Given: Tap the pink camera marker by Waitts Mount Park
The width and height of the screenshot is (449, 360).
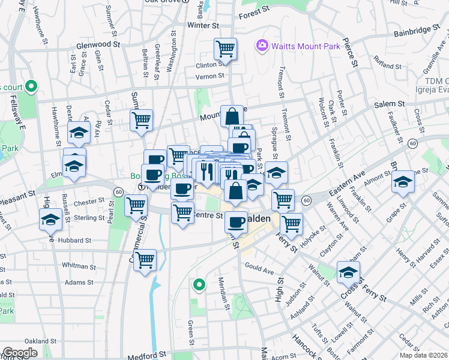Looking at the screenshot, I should pyautogui.click(x=261, y=45).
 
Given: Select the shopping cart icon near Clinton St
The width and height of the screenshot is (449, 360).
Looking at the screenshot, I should pyautogui.click(x=225, y=49).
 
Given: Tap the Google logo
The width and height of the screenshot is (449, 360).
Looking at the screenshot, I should pyautogui.click(x=20, y=353).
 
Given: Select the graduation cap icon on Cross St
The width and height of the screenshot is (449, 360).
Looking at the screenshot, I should pyautogui.click(x=348, y=272).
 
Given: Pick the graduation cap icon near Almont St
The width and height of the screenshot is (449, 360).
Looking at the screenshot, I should pyautogui.click(x=403, y=181).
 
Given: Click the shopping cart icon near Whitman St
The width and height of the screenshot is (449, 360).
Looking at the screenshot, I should pyautogui.click(x=145, y=260).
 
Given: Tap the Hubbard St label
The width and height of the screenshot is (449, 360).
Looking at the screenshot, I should pyautogui.click(x=74, y=240).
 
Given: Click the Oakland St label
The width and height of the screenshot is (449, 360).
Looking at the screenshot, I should pyautogui.click(x=41, y=341).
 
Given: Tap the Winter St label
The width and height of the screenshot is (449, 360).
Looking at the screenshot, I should pyautogui.click(x=202, y=26).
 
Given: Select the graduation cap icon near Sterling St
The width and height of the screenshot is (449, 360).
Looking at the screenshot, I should pyautogui.click(x=52, y=219).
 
